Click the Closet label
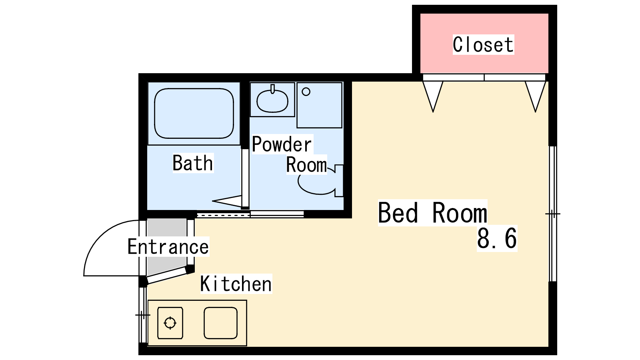(x=483, y=44)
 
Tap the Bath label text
(x=193, y=163)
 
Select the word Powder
(x=282, y=144)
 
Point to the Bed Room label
(x=432, y=212)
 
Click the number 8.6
(x=497, y=238)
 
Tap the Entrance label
(x=168, y=246)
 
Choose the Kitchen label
(x=236, y=284)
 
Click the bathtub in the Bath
(x=194, y=114)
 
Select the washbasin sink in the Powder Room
(x=272, y=101)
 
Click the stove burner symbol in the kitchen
(x=170, y=323)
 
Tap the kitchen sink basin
(x=220, y=323)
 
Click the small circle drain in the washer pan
(x=306, y=92)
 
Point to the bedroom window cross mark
(x=553, y=214)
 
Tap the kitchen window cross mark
(x=142, y=315)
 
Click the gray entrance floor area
(x=166, y=246)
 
